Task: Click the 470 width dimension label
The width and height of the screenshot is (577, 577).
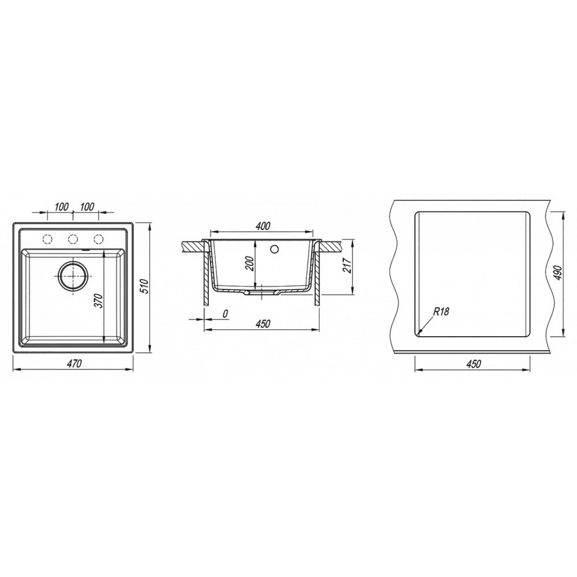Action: point(73,363)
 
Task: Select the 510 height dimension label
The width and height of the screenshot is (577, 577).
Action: point(144,286)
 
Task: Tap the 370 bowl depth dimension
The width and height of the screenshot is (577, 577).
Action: point(99,300)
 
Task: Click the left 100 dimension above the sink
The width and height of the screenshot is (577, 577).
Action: point(62,207)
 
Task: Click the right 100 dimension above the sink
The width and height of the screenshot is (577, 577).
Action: point(87,207)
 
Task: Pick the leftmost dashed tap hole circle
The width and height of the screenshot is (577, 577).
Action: point(48,239)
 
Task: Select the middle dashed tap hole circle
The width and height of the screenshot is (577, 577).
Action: point(73,239)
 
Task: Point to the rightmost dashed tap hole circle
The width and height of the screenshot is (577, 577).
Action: point(98,239)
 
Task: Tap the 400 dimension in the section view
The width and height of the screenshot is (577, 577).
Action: point(263,226)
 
